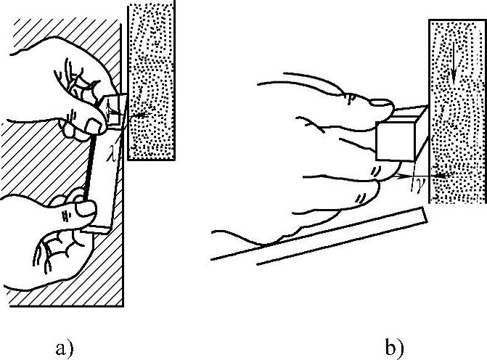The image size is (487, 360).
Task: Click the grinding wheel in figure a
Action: (152, 80)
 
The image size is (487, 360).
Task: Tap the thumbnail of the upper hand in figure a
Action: (92, 128)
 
